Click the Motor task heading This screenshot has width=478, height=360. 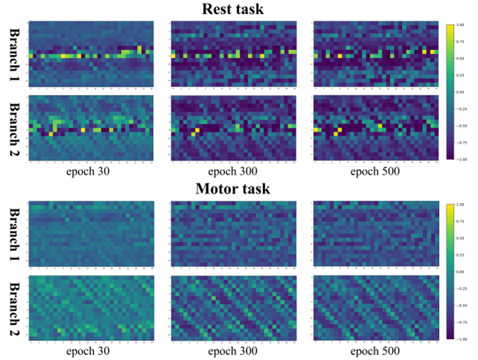(x=240, y=189)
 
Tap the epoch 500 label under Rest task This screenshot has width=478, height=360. (x=375, y=172)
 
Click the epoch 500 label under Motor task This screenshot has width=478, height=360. (x=375, y=351)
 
